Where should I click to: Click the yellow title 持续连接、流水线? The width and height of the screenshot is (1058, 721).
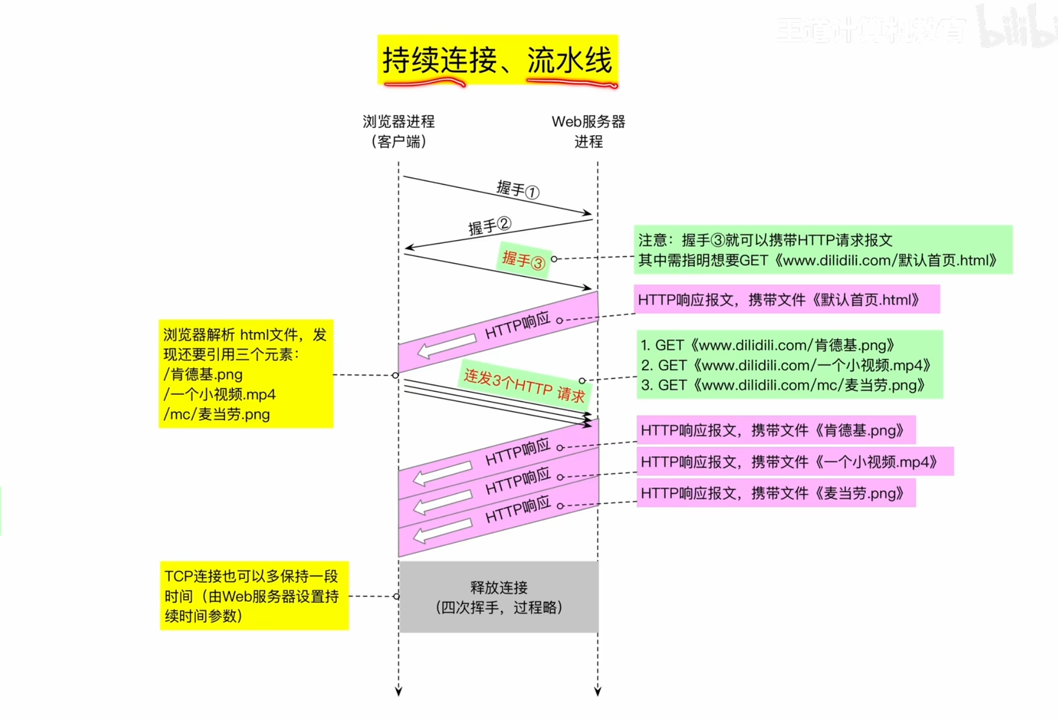tap(497, 60)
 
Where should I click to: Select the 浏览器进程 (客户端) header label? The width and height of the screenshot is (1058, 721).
tap(399, 131)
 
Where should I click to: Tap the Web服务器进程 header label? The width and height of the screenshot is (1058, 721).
tap(588, 131)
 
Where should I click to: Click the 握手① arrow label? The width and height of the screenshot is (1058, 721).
tap(517, 189)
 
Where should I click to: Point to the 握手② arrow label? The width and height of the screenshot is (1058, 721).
tap(489, 226)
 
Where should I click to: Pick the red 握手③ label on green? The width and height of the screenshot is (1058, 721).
tap(523, 260)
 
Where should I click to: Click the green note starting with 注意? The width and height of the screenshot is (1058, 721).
tap(822, 250)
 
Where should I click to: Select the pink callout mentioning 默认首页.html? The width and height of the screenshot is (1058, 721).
tap(786, 300)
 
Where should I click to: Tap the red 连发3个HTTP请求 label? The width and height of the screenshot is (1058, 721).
tap(524, 385)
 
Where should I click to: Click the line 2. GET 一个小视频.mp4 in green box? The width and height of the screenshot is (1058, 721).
tap(788, 365)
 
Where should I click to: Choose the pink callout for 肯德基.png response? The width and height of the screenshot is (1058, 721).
tap(776, 430)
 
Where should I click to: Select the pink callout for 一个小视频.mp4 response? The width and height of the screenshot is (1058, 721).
tap(794, 461)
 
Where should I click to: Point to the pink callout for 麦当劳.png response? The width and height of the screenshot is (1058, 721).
tap(776, 493)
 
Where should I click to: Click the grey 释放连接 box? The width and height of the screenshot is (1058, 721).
tap(499, 597)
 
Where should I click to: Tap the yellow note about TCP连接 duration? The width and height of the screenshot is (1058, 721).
tap(254, 596)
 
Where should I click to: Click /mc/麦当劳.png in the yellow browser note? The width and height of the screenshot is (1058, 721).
tap(217, 414)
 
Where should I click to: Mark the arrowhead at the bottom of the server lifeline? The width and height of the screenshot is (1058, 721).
tap(597, 691)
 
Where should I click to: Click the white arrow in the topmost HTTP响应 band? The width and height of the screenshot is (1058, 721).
tap(446, 346)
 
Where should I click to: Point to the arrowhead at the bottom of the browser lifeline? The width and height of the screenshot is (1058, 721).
tap(399, 691)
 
